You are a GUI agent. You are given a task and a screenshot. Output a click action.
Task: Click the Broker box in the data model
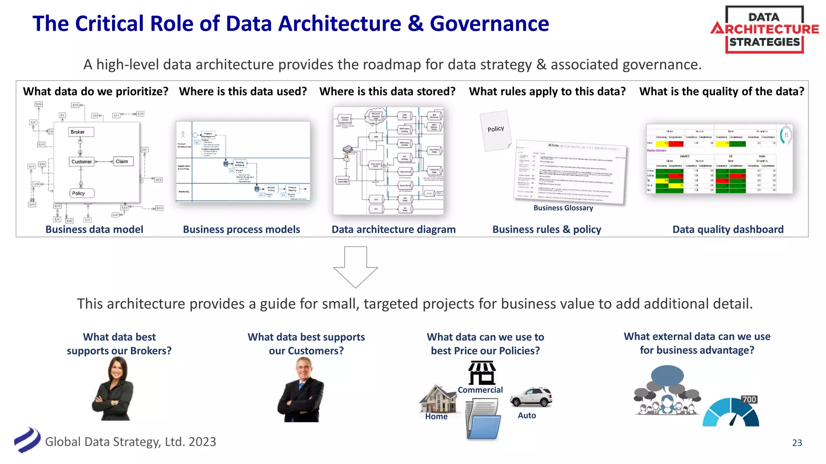point(81,132)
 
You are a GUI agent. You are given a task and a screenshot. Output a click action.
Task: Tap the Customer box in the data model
point(82,162)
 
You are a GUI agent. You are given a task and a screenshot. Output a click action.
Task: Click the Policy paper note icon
point(495,130)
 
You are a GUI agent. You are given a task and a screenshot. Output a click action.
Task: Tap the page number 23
point(797,443)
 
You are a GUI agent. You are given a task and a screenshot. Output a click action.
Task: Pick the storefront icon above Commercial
point(482,373)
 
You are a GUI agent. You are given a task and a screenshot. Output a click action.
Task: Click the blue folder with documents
point(484,420)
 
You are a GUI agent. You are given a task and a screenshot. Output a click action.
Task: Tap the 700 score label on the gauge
point(749,399)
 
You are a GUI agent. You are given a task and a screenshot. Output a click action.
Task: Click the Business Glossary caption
point(563,208)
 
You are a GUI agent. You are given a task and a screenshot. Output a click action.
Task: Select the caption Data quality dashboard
point(728,230)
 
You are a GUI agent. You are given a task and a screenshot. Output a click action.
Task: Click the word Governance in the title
point(489,24)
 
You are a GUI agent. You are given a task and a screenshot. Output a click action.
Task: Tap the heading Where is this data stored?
point(387,91)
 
